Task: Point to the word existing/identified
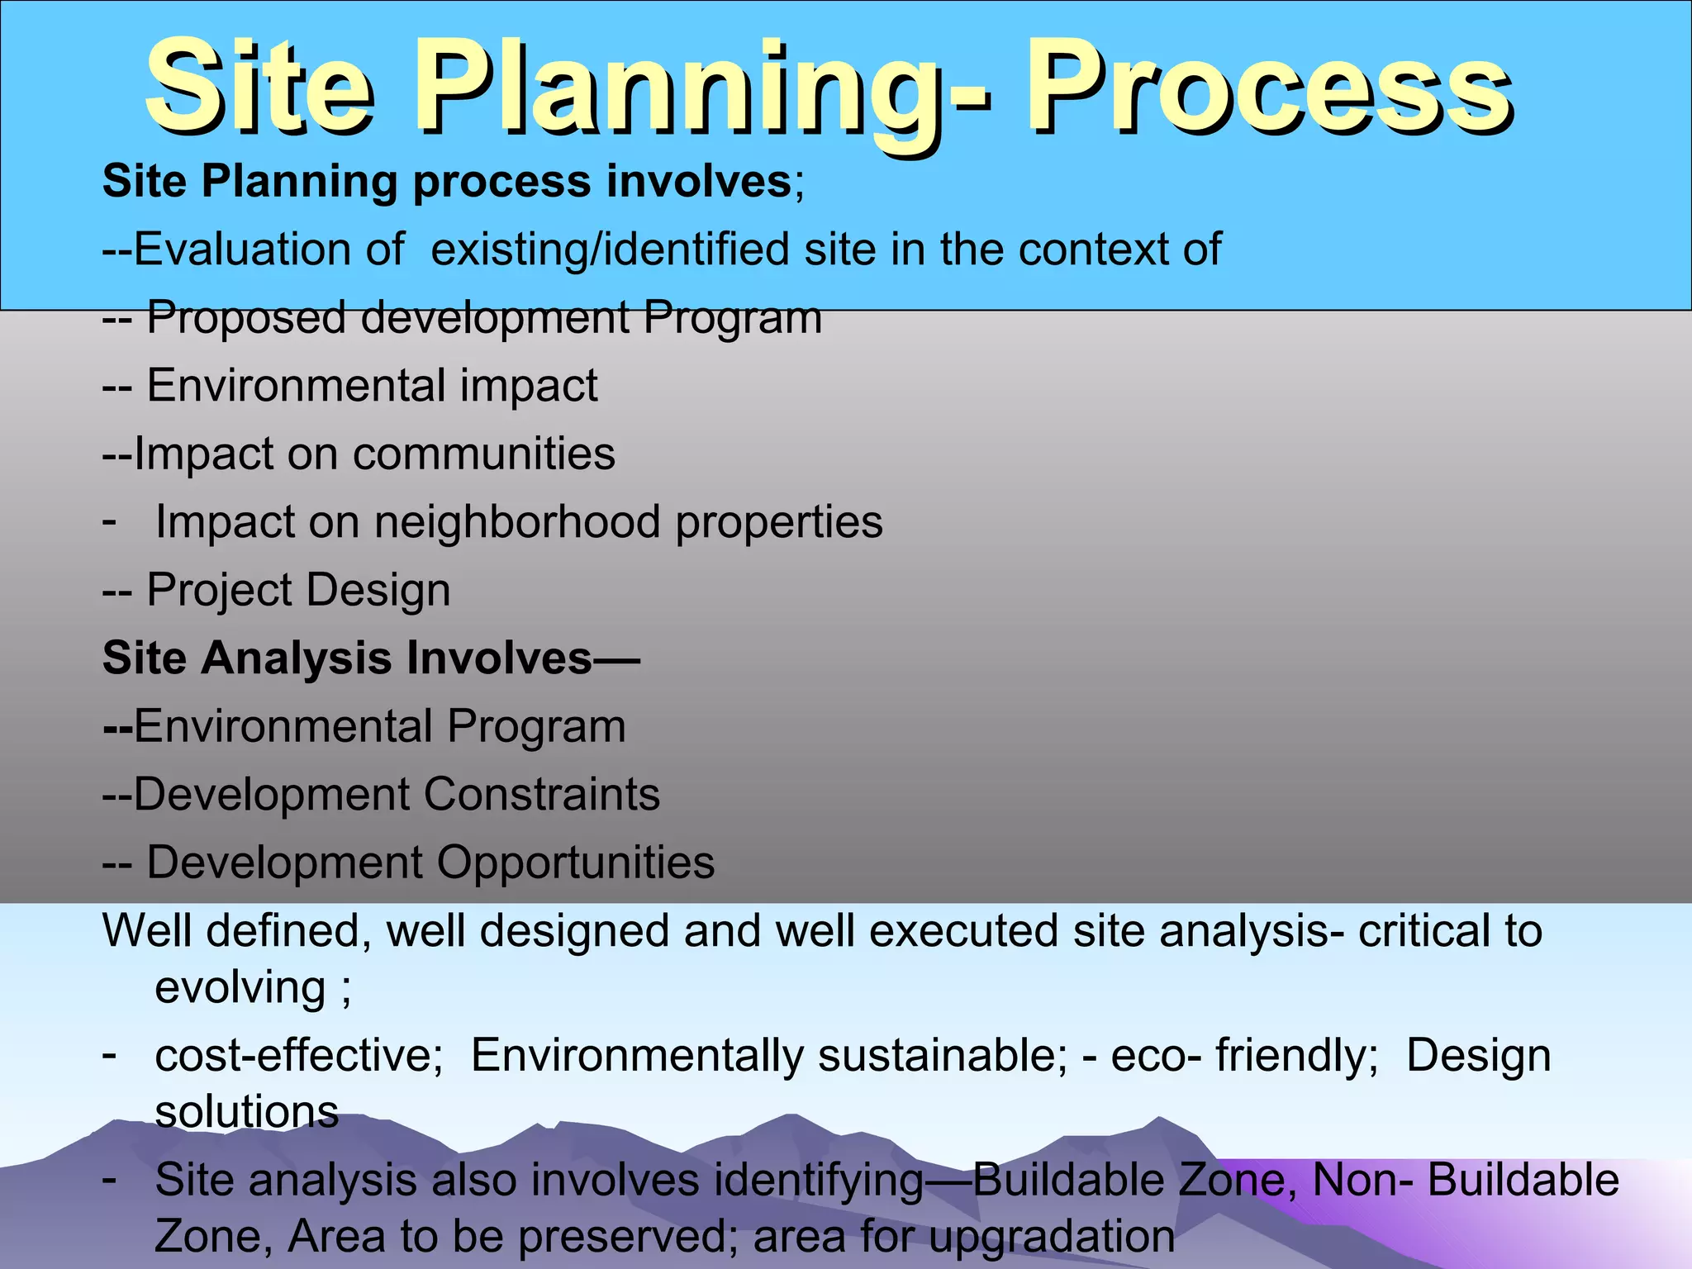pos(610,249)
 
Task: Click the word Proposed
pos(246,317)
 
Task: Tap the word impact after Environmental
pos(528,386)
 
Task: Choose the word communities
pos(484,454)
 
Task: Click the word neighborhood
pos(517,522)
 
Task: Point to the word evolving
pos(240,987)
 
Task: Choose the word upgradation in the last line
pos(1051,1237)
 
